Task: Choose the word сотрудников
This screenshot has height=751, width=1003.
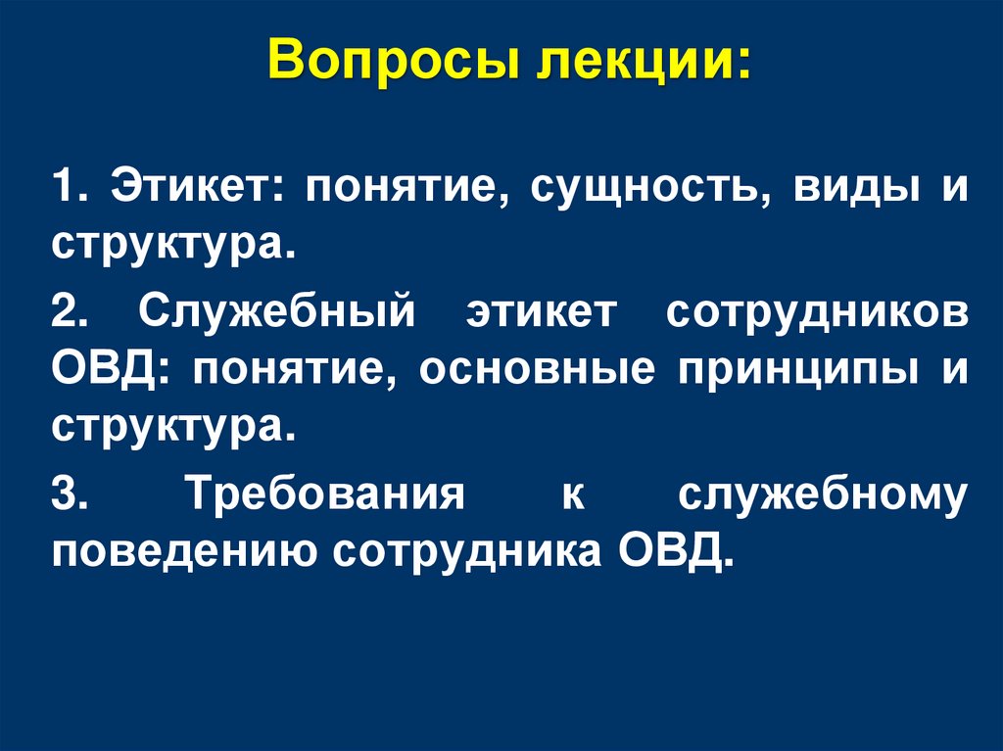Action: [817, 314]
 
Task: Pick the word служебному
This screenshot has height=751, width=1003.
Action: [823, 495]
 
